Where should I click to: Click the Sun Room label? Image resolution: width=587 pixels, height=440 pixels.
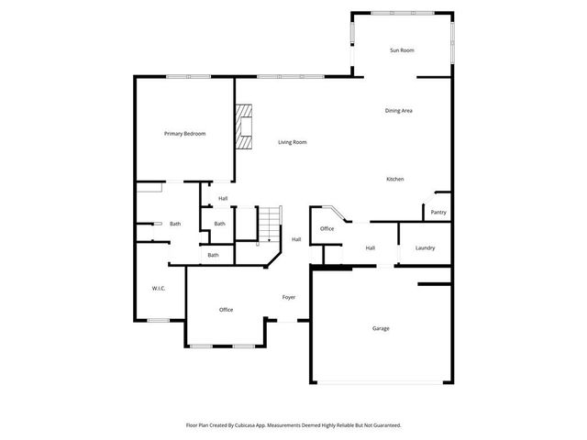pyautogui.click(x=403, y=49)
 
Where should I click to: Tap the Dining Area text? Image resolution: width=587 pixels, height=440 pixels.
pyautogui.click(x=398, y=111)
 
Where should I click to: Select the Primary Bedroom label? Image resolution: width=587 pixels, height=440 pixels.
pyautogui.click(x=184, y=134)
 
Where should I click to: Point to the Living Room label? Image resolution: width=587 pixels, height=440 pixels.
pyautogui.click(x=293, y=142)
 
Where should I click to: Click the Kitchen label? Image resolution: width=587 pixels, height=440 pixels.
pyautogui.click(x=394, y=179)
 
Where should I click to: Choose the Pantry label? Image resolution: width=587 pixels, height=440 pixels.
pyautogui.click(x=438, y=213)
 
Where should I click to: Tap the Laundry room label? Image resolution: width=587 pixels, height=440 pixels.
pyautogui.click(x=425, y=247)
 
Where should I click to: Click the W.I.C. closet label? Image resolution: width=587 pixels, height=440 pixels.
pyautogui.click(x=158, y=289)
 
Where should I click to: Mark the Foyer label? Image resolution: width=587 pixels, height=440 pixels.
pyautogui.click(x=288, y=297)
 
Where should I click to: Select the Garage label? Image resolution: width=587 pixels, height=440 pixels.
pyautogui.click(x=381, y=328)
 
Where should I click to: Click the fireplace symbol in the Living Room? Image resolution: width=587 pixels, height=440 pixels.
pyautogui.click(x=242, y=126)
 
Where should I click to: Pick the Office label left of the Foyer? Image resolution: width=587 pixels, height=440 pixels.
pyautogui.click(x=226, y=310)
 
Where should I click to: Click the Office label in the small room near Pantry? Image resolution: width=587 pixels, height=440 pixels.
pyautogui.click(x=327, y=228)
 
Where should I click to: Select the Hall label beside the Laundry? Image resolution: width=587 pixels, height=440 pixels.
pyautogui.click(x=371, y=247)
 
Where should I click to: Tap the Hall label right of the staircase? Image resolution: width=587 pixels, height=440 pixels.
pyautogui.click(x=296, y=239)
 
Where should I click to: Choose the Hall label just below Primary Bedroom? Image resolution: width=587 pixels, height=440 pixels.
pyautogui.click(x=223, y=198)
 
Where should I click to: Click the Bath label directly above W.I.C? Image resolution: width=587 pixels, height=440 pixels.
pyautogui.click(x=174, y=224)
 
